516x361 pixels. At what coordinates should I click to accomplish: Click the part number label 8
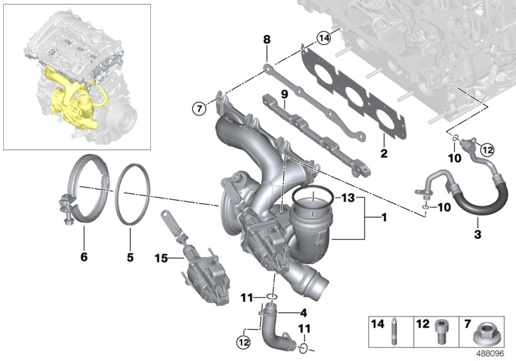pyautogui.click(x=266, y=40)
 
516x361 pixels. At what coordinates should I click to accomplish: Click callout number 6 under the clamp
pyautogui.click(x=83, y=257)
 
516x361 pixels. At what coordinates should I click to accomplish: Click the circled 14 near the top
pyautogui.click(x=323, y=40)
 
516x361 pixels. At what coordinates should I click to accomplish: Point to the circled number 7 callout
pyautogui.click(x=198, y=107)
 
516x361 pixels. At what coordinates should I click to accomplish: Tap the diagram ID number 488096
pyautogui.click(x=495, y=353)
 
